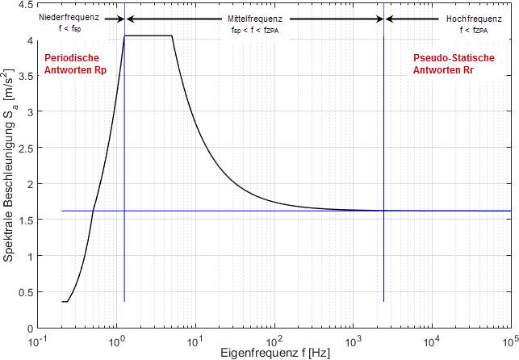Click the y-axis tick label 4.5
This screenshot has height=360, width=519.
click(x=27, y=5)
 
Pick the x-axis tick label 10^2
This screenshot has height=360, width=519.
click(x=274, y=341)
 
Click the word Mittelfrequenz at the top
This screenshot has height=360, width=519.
click(x=254, y=17)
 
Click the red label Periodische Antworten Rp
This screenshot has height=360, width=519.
click(x=72, y=65)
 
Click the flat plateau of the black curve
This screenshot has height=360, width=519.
click(x=149, y=36)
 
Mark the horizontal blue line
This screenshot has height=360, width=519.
click(x=242, y=211)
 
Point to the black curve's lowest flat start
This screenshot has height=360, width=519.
click(x=65, y=301)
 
